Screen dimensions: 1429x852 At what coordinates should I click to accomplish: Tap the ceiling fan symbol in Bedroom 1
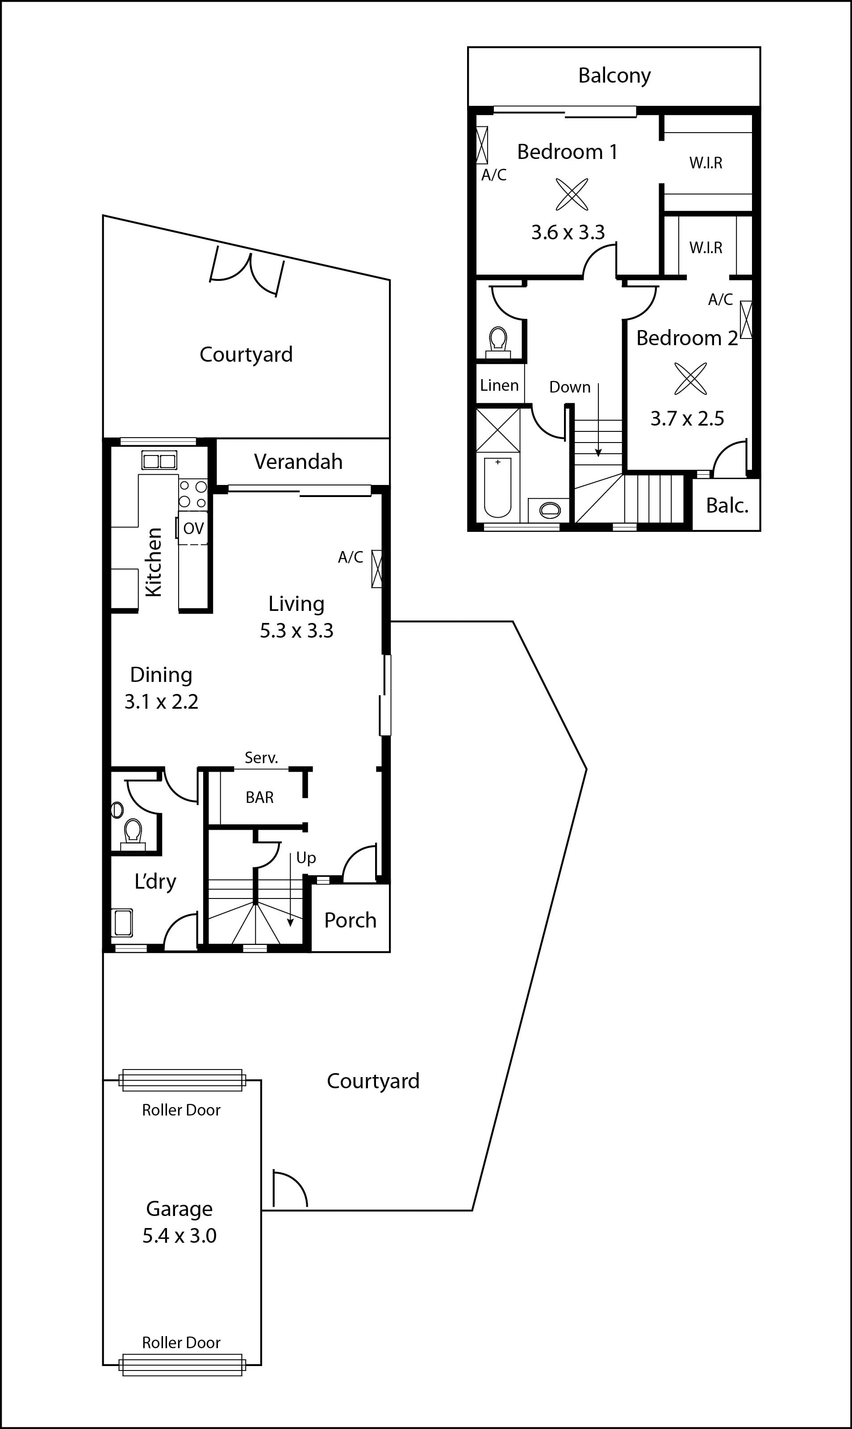point(572,194)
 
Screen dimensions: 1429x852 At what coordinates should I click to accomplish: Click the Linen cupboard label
point(499,385)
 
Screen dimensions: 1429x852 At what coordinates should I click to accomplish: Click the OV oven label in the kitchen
point(193,528)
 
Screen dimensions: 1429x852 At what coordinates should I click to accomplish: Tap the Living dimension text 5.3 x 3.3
point(296,631)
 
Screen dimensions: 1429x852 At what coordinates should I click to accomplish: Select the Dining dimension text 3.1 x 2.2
point(161,702)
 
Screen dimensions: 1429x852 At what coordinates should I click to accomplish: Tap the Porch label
point(350,920)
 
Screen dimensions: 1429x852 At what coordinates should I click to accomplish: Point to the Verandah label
point(298,462)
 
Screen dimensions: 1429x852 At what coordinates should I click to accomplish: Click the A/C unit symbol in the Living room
point(376,568)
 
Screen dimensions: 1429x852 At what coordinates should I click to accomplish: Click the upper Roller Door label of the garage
point(181,1110)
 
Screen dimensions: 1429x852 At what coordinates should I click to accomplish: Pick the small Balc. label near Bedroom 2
point(727,505)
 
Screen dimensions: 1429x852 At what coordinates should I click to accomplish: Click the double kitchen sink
point(159,460)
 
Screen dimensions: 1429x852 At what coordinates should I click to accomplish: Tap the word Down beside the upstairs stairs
point(569,387)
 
